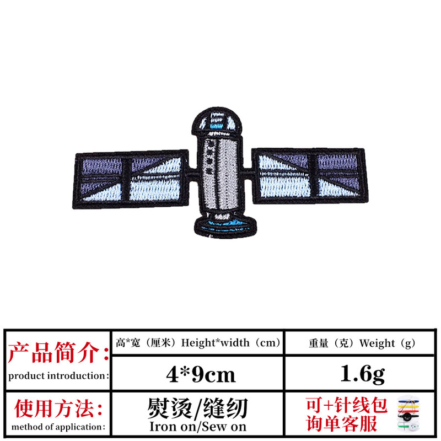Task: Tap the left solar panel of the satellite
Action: click(x=132, y=177)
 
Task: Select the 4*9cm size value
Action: click(x=201, y=374)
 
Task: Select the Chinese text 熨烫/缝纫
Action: click(x=197, y=408)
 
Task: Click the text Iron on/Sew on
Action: click(x=197, y=427)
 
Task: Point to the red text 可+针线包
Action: click(x=347, y=405)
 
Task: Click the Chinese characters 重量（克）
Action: click(x=332, y=343)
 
